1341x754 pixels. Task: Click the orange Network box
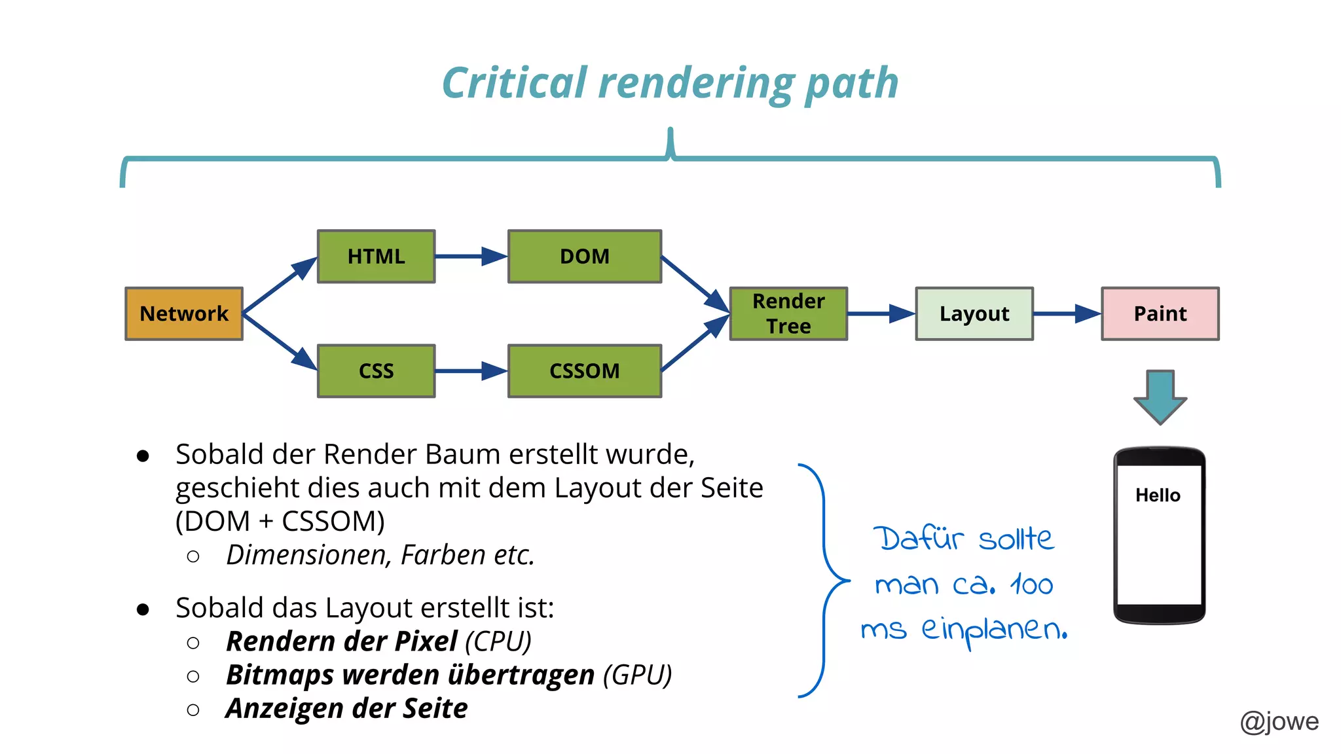coord(184,314)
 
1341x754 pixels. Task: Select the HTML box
coord(376,256)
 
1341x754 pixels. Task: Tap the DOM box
coord(584,256)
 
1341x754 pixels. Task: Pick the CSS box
coord(376,370)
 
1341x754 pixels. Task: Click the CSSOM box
coord(584,370)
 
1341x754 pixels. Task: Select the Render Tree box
coord(788,314)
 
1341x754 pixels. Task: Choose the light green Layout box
coord(974,314)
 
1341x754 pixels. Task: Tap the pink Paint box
coord(1160,314)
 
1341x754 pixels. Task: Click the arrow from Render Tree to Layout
coord(881,314)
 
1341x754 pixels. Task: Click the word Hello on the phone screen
coord(1158,495)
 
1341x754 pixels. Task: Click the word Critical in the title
coord(514,83)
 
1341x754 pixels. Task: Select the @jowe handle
coord(1279,721)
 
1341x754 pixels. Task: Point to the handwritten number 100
coord(1031,584)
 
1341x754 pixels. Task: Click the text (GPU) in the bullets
coord(637,675)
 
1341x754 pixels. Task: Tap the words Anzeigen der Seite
coord(346,708)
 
